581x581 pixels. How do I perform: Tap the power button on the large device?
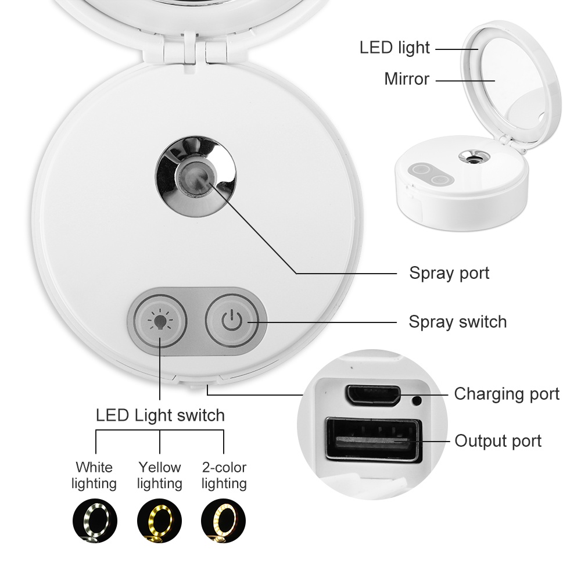(x=232, y=321)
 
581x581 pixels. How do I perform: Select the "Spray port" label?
(x=449, y=272)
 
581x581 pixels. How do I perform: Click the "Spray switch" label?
(x=457, y=321)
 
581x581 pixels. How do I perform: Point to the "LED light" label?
(x=394, y=48)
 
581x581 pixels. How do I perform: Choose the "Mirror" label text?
(x=407, y=79)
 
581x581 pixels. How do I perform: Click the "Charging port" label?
(x=507, y=394)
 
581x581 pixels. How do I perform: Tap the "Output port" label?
(x=498, y=441)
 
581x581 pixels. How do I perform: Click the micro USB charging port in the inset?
(x=372, y=395)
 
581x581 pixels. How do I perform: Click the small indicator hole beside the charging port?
(x=417, y=400)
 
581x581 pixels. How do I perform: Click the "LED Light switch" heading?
(x=160, y=415)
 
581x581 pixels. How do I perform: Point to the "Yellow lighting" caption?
(x=159, y=475)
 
